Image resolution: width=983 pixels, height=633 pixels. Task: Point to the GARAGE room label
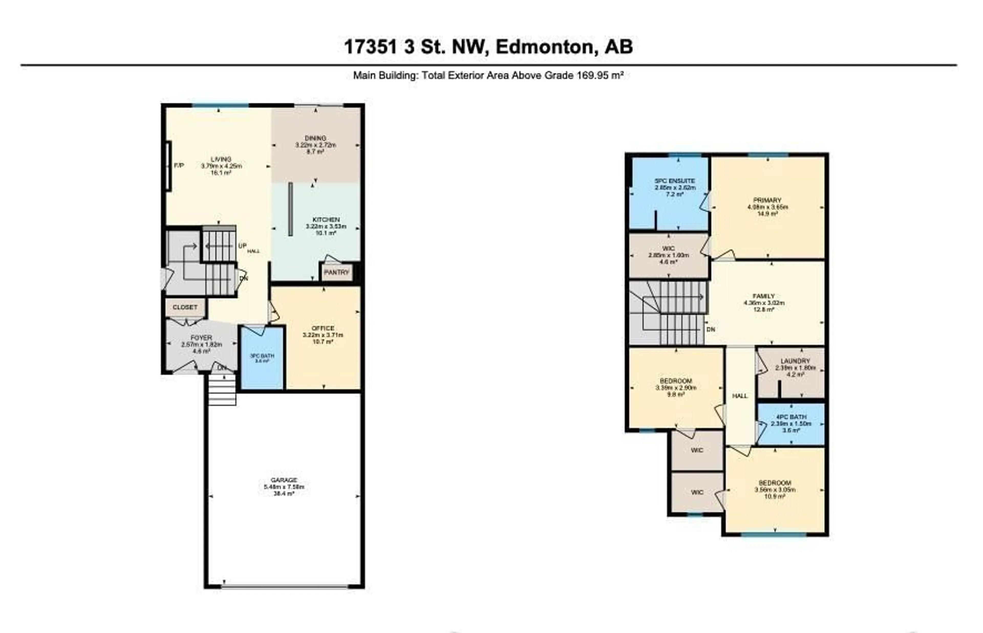coord(284,480)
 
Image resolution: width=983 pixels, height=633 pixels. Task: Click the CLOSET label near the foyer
coord(185,307)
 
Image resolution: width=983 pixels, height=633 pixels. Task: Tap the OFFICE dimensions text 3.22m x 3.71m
coord(323,335)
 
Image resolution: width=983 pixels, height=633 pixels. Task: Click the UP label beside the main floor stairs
coord(242,246)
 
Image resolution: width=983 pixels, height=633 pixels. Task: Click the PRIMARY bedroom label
coord(767,201)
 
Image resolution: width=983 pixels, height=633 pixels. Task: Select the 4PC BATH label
coord(791,417)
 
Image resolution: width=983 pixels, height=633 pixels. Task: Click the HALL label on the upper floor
coord(740,396)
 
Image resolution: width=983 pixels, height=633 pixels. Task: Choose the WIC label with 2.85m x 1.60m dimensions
coord(668,249)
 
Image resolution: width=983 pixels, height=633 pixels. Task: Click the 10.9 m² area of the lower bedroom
coord(775,496)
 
